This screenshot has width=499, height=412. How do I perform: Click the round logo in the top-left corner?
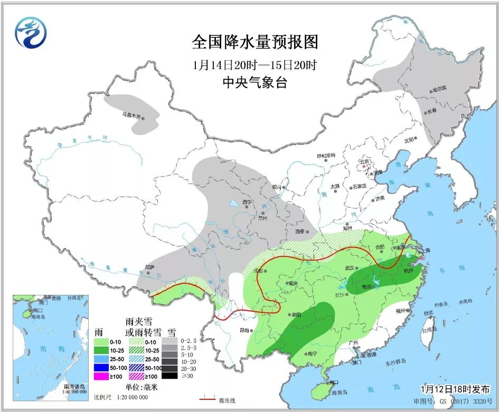point(31,32)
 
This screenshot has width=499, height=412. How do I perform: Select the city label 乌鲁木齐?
point(132,114)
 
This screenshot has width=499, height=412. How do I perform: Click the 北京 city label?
point(364,161)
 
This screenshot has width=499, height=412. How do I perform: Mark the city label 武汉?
point(351,267)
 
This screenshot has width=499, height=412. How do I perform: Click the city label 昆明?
point(243,331)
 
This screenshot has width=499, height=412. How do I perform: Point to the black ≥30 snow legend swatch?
point(170,376)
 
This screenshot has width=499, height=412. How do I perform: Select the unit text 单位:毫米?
point(142,387)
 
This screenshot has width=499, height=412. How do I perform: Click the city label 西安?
point(301,231)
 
